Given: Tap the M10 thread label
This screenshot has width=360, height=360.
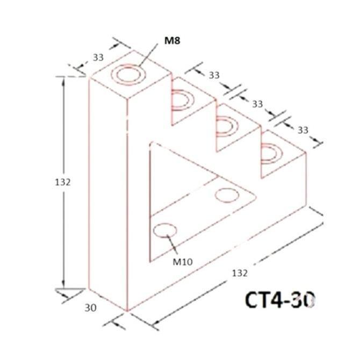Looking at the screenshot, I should [x=183, y=262].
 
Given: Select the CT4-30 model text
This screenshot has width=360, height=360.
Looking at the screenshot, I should [x=280, y=299].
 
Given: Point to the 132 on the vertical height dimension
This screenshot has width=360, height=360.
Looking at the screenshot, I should [x=63, y=182].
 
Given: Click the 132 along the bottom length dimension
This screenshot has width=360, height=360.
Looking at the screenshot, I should [x=240, y=273].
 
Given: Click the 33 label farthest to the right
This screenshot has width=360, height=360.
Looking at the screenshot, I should [x=303, y=130].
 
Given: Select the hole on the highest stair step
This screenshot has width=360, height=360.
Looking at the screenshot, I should [x=183, y=100].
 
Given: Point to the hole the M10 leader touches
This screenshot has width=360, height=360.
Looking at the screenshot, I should [x=165, y=231].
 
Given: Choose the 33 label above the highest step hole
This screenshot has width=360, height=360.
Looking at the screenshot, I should [x=214, y=76].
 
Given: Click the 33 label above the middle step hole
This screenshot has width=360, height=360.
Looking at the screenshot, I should [x=257, y=103].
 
